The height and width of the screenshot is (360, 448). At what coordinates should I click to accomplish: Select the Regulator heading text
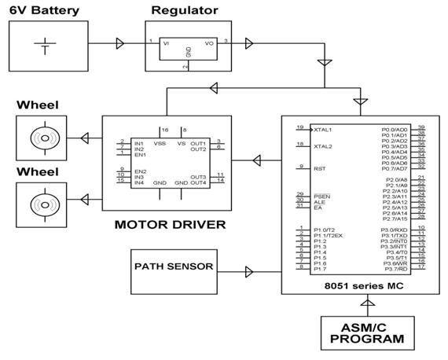point(184,10)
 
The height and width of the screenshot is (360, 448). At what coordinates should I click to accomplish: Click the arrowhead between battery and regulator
point(119,42)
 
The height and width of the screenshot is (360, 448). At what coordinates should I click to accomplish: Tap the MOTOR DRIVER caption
point(171,226)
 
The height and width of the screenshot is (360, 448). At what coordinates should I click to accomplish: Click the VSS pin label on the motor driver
point(160,143)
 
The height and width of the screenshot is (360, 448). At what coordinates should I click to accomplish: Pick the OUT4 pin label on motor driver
point(198,183)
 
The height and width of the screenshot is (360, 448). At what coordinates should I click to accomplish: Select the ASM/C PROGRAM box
point(367,334)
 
